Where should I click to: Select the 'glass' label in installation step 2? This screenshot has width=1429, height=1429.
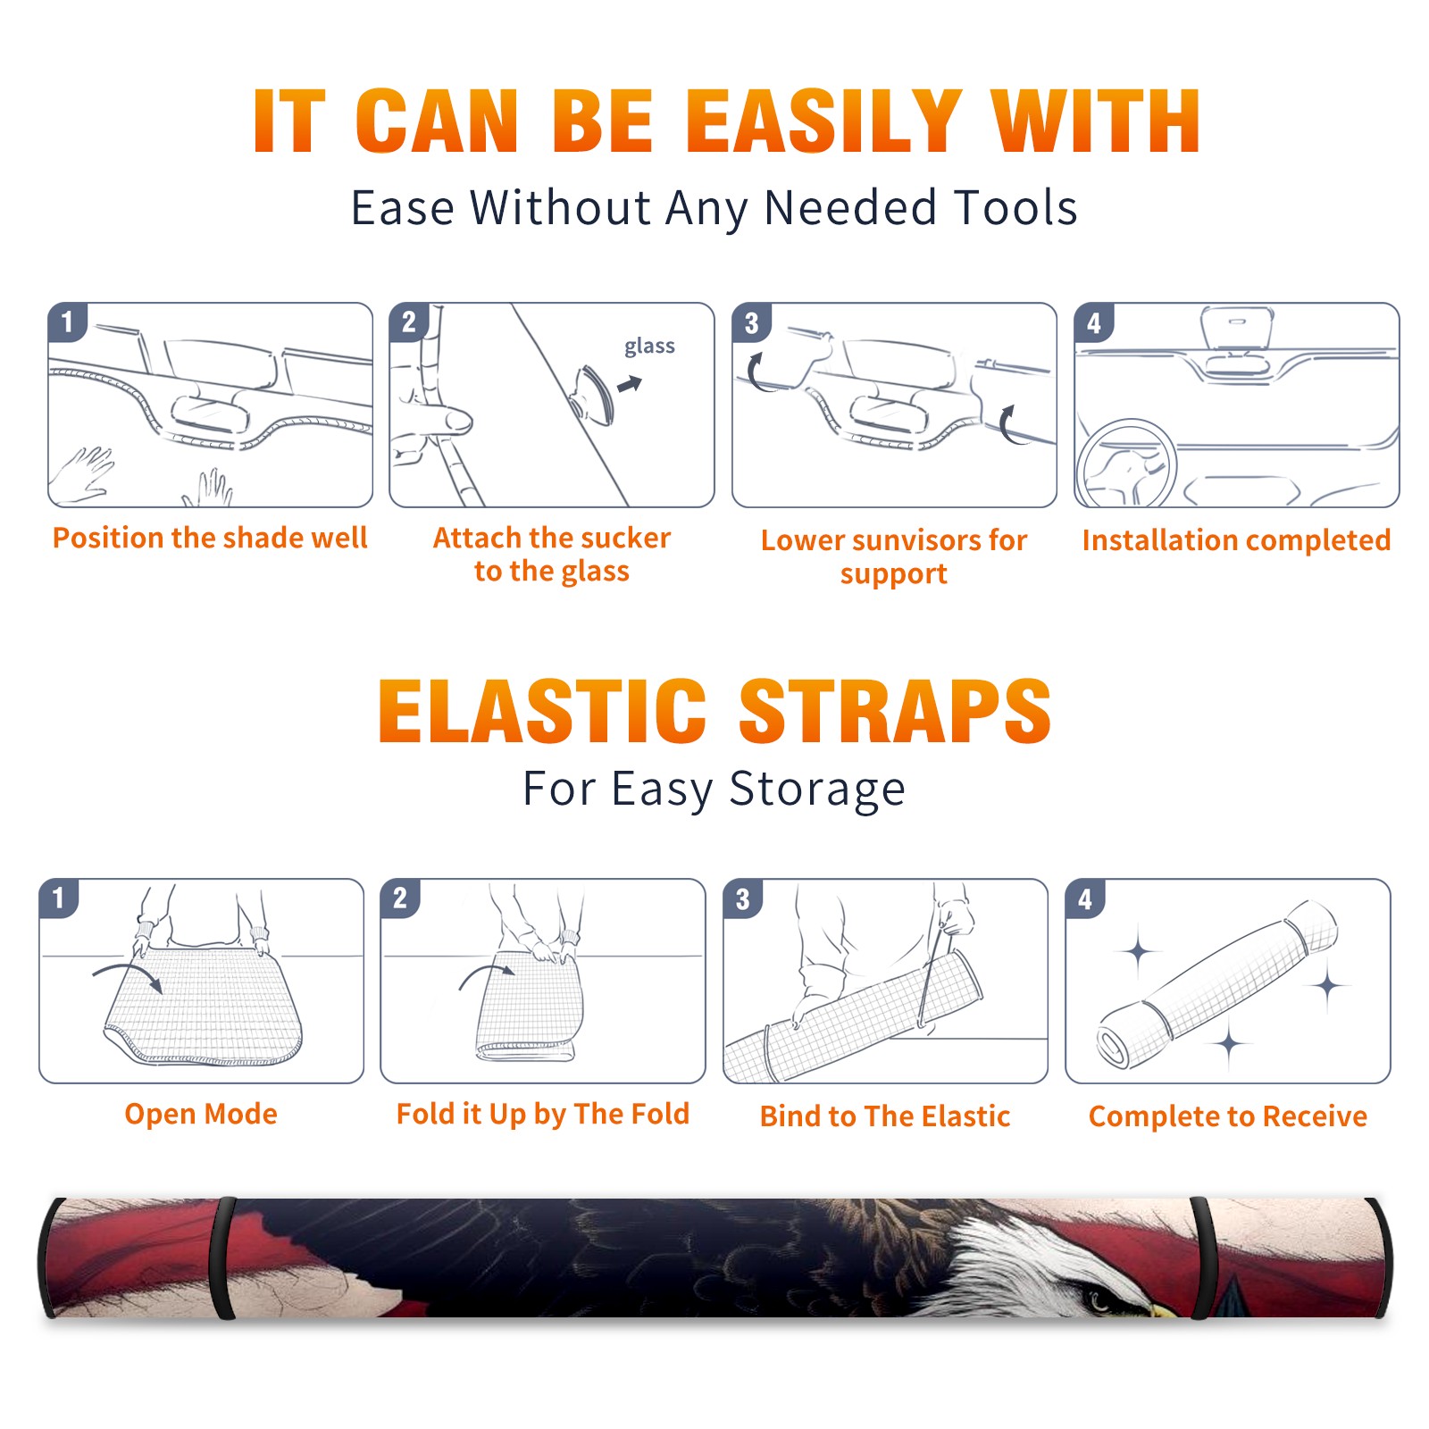click(649, 347)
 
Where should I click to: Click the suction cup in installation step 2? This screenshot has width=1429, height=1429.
click(594, 394)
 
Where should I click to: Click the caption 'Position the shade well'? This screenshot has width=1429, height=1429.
click(210, 538)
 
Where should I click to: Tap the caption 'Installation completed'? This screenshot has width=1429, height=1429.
click(1236, 540)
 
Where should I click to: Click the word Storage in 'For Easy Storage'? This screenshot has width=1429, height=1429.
click(817, 790)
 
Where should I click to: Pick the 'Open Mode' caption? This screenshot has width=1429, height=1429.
click(201, 1114)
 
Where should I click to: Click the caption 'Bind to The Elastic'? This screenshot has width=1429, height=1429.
click(885, 1116)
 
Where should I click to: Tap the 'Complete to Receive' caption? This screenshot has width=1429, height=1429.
click(1228, 1116)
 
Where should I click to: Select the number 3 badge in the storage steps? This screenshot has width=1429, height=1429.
click(743, 899)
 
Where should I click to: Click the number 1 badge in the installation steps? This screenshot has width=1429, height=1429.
click(68, 322)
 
